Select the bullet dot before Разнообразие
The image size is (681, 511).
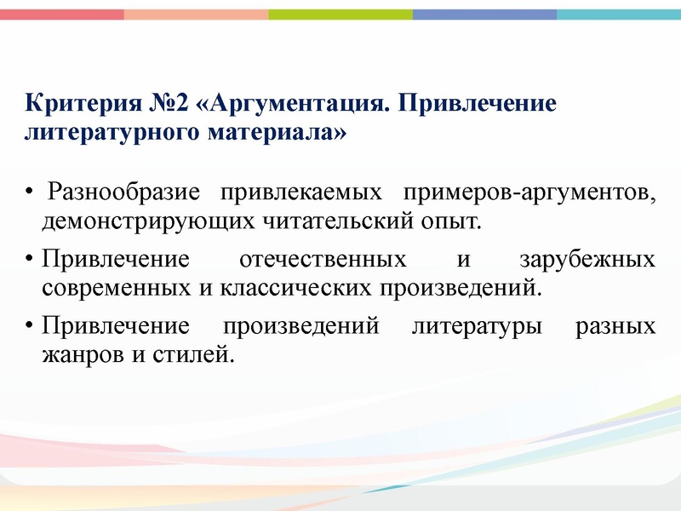click(31, 193)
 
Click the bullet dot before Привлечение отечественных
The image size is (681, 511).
click(31, 259)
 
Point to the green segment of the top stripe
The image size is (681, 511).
click(340, 14)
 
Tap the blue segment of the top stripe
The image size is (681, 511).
click(484, 14)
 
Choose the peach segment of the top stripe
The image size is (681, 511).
click(196, 14)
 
